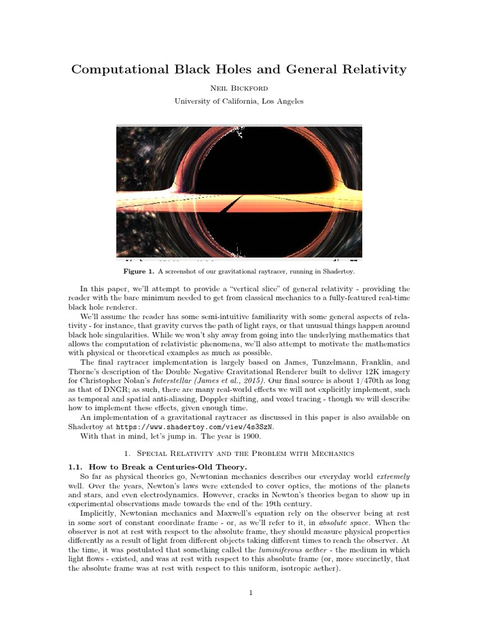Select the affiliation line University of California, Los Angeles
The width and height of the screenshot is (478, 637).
tap(239, 101)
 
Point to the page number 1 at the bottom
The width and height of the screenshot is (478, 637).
tap(250, 592)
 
